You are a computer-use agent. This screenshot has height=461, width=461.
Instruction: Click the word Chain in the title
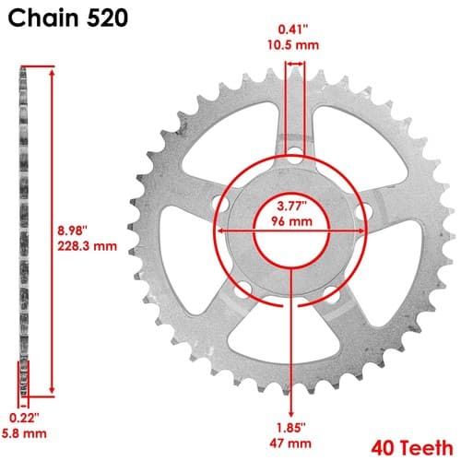pos(43,18)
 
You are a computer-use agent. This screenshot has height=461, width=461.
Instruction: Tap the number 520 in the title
pos(107,18)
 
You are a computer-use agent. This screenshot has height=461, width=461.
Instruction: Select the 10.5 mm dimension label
pos(293,45)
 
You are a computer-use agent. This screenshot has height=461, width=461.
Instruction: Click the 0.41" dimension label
pos(293,30)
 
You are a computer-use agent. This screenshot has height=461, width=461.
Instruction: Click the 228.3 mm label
pos(88,246)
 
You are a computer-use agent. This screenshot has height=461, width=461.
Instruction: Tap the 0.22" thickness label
pos(24,418)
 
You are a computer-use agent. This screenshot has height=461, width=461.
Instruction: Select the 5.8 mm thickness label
pos(24,433)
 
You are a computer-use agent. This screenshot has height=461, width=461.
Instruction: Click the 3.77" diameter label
pos(292,206)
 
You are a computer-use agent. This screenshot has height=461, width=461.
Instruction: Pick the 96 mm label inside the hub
pos(292,221)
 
